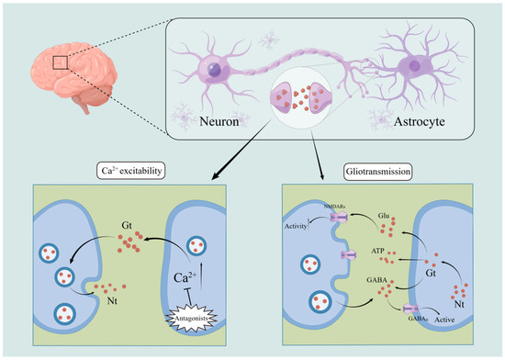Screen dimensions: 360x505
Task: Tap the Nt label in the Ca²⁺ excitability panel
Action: pyautogui.click(x=113, y=298)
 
